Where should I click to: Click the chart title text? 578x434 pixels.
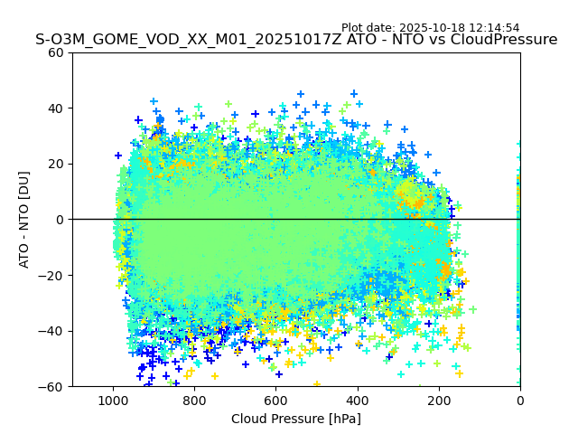click(x=296, y=40)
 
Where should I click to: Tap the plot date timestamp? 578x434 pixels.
click(x=430, y=28)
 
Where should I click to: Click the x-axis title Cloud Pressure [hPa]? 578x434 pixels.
click(x=296, y=419)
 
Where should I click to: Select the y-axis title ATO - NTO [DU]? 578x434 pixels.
click(x=24, y=220)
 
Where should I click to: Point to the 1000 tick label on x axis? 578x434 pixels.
click(x=113, y=399)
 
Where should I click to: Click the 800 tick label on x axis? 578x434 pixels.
click(x=194, y=399)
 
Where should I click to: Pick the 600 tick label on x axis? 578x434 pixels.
click(x=275, y=399)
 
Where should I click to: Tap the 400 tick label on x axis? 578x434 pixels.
click(x=357, y=399)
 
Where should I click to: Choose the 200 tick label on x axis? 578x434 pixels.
click(x=439, y=399)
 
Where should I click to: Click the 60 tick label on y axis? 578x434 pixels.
click(x=57, y=52)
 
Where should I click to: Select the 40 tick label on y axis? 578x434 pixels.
click(x=57, y=108)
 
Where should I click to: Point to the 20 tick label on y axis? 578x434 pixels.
click(x=57, y=164)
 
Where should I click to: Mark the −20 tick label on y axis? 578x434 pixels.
click(x=53, y=275)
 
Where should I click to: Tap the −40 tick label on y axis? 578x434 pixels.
click(x=53, y=331)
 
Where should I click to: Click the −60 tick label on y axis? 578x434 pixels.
click(x=53, y=386)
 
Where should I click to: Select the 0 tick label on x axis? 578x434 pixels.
click(x=520, y=399)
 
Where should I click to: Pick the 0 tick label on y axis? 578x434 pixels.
click(x=61, y=220)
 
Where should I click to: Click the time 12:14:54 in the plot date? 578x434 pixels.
click(x=493, y=28)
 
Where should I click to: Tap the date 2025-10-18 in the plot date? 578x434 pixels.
click(x=433, y=28)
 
